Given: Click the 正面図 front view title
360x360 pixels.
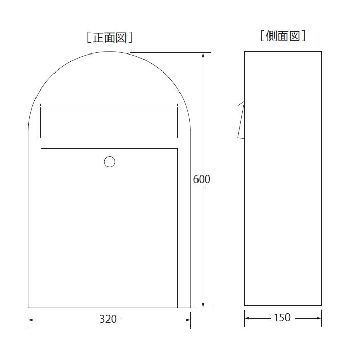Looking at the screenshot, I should [111, 37].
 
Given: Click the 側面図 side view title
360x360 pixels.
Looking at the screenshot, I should [283, 36].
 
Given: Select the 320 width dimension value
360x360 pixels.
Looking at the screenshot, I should [108, 319].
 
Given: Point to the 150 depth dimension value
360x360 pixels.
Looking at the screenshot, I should [282, 318].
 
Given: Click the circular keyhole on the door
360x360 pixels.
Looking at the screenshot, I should [110, 162].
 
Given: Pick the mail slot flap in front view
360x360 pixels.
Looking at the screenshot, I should [109, 121].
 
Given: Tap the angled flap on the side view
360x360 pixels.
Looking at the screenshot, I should [240, 121].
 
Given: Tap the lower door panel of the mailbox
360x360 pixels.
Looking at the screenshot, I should [109, 231].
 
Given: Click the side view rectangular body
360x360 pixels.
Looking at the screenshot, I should [283, 206].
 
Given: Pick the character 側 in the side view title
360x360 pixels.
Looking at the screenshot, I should [272, 36].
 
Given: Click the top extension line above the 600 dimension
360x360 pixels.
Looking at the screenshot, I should [170, 52].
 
